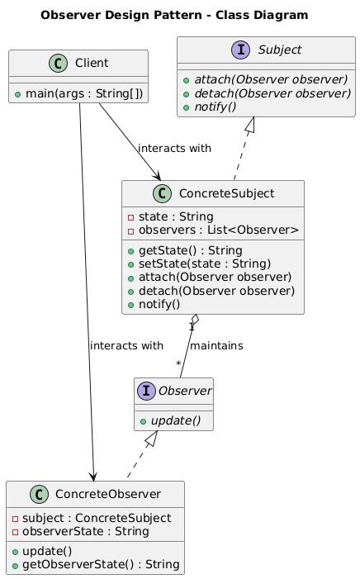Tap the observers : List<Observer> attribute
pyautogui.click(x=213, y=229)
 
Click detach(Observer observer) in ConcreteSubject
pyautogui.click(x=216, y=291)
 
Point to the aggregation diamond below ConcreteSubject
pyautogui.click(x=195, y=320)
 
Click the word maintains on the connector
pyautogui.click(x=216, y=345)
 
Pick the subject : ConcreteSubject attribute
pyautogui.click(x=92, y=517)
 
